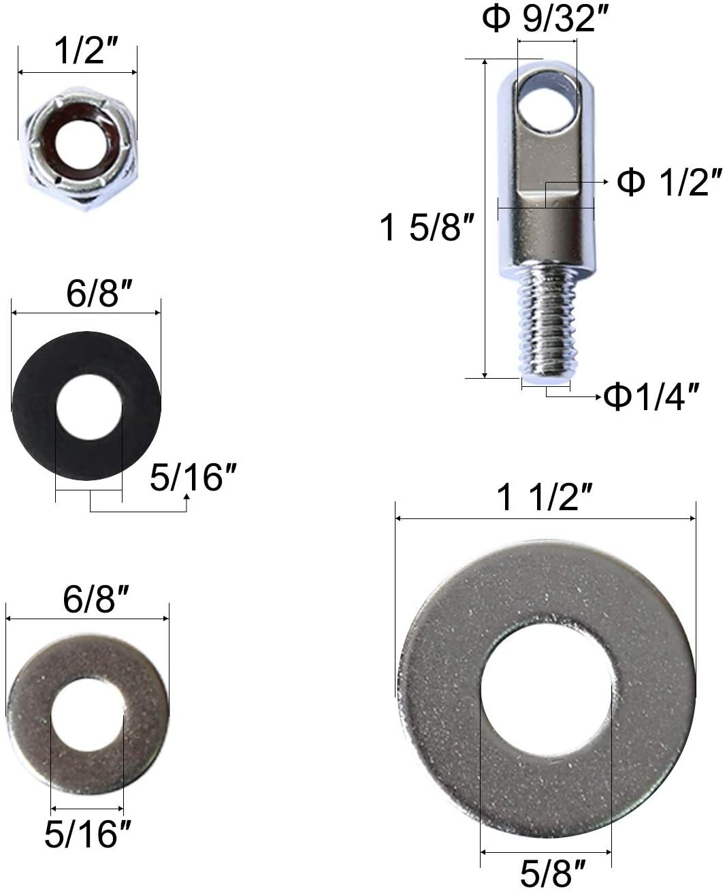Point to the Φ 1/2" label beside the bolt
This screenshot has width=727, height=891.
669,183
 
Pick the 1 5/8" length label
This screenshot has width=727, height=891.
426,227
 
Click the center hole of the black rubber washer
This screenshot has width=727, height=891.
88,407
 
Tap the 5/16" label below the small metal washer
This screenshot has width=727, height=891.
87,834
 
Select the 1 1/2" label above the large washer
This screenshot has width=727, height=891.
545,499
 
